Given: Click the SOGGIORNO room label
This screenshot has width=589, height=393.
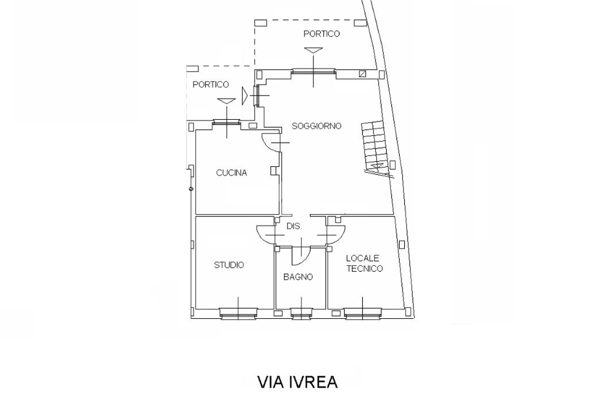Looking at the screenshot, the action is click(316, 126).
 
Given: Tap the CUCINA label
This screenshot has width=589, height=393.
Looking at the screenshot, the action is click(231, 173).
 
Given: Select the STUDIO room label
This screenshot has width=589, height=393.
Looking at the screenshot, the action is click(228, 265).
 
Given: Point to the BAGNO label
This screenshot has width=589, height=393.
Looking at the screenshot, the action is click(298, 277).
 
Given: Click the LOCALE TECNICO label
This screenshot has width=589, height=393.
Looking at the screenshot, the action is click(364, 264).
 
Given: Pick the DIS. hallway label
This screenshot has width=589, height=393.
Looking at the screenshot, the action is click(294, 227).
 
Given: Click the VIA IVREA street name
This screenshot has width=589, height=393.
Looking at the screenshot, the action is click(297, 381).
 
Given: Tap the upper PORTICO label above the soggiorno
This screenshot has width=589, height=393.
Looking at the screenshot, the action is click(322, 34).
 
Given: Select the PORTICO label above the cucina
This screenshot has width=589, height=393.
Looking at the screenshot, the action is click(211, 85).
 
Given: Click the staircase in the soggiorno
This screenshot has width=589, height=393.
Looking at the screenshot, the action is click(374, 144).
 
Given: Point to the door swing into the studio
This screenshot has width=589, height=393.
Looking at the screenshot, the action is click(266, 234).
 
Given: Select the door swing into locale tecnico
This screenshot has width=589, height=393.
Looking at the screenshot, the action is click(336, 234).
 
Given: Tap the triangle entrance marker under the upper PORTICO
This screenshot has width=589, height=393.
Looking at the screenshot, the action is click(313, 51).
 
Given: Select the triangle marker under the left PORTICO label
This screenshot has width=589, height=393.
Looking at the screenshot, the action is click(227, 101).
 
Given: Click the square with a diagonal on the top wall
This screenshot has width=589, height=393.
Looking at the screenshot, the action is click(362, 74).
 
